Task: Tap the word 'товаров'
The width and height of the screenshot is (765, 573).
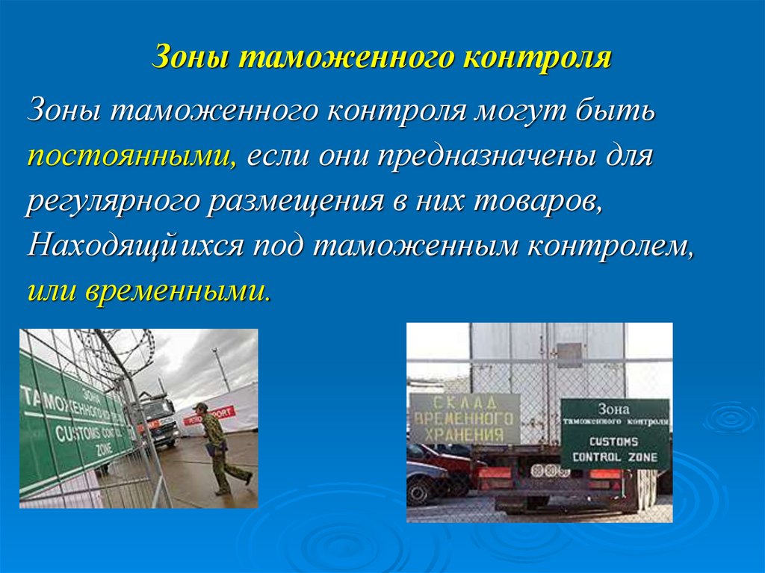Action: (536, 202)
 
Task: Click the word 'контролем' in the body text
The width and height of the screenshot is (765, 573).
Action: (610, 247)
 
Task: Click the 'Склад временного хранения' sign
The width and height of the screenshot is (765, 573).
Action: (464, 419)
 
